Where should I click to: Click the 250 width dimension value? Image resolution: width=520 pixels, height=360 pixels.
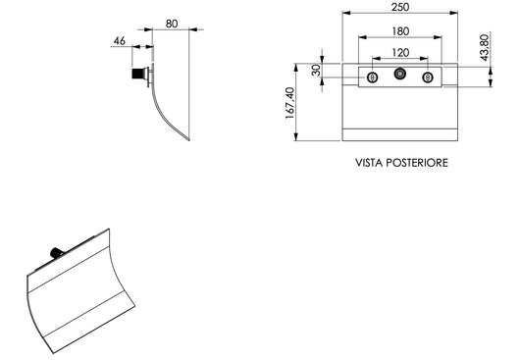click(x=400, y=7)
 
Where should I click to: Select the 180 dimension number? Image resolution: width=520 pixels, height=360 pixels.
click(x=400, y=31)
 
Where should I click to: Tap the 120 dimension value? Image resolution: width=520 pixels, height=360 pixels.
click(x=400, y=53)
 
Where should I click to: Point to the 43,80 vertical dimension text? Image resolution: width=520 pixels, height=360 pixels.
click(x=485, y=47)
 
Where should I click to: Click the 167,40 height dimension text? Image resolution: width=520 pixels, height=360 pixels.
click(x=289, y=103)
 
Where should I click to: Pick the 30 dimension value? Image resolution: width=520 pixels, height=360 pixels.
click(x=316, y=71)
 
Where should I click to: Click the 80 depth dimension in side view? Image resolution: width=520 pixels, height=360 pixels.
click(x=172, y=24)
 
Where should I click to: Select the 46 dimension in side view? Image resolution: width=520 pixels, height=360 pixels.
click(x=120, y=41)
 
